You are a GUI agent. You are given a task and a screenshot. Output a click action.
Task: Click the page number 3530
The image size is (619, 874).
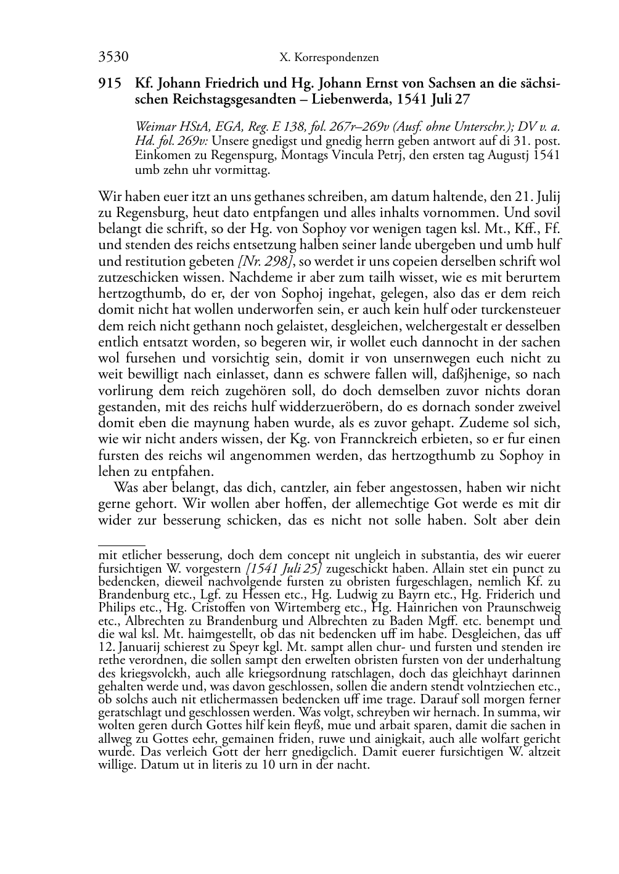(113, 57)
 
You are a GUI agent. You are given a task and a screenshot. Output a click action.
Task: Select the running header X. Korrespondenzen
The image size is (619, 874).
(329, 58)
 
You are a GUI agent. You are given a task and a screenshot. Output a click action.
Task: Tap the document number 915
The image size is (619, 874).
(110, 84)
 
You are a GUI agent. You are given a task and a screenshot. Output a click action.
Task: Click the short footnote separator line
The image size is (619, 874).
(121, 545)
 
